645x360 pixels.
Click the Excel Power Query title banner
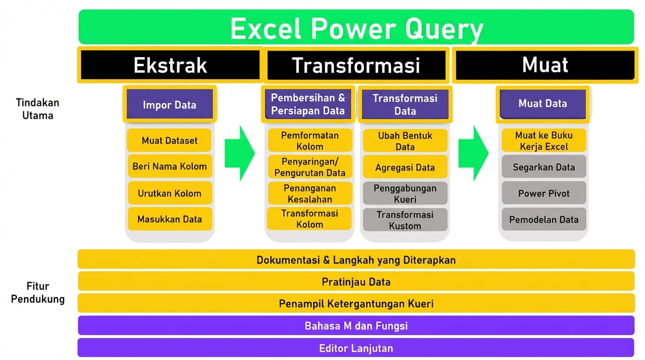356,27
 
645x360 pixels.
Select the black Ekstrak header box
170,65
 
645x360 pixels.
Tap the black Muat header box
545,65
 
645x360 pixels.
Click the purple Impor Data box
170,104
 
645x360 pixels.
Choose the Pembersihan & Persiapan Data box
308,104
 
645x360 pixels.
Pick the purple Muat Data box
543,104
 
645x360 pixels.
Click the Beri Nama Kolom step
170,166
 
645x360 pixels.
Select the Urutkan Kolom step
170,193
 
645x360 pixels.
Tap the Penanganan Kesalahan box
310,193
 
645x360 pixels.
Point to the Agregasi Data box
405,167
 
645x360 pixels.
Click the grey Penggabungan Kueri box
405,193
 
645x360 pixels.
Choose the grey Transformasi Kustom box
405,220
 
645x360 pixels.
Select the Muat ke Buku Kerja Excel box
544,141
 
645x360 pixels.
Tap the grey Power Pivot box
544,193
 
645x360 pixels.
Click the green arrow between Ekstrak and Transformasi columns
240,153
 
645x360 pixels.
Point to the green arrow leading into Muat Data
473,153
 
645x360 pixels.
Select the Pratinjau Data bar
356,281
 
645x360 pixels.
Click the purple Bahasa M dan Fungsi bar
356,325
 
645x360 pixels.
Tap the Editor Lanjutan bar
356,348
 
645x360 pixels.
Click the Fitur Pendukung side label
37,292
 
